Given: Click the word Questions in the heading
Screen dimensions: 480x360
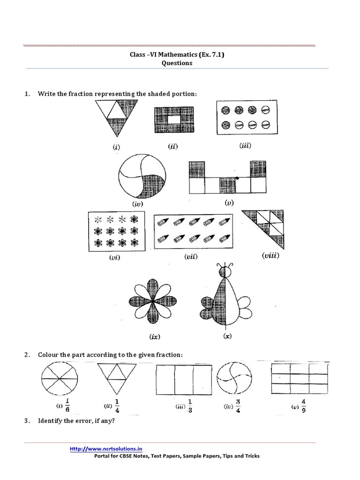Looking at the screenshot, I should click(177, 63).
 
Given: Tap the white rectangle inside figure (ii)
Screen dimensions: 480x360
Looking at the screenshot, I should click(173, 120).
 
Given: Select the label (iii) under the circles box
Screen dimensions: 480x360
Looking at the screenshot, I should click(245, 146).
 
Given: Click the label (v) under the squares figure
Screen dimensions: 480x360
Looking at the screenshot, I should click(229, 202).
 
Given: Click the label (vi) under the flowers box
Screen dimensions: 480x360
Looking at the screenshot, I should click(113, 257).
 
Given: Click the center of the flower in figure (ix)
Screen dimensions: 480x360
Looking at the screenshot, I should click(153, 302).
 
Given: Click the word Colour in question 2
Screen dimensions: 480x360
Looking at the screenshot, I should click(49, 355).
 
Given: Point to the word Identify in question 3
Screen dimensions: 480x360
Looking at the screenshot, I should click(51, 420).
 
